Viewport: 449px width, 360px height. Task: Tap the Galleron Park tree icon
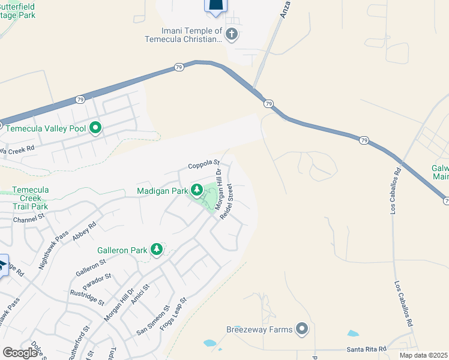157,249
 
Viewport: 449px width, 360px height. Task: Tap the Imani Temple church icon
232,34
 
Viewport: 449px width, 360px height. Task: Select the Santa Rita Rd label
366,349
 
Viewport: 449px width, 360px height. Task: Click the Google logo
20,352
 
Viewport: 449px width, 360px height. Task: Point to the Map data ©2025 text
424,355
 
